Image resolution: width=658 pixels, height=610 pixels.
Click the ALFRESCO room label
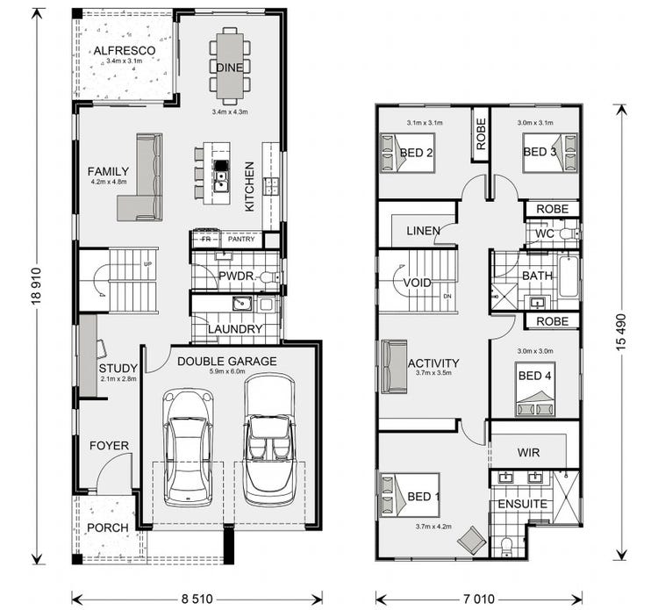click(x=124, y=50)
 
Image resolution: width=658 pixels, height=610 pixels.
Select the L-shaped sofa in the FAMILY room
click(x=142, y=180)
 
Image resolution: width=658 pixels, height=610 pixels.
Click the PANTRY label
click(x=241, y=239)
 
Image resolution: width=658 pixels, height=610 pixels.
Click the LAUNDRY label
click(x=235, y=329)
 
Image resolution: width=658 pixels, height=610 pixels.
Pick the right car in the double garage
click(x=269, y=439)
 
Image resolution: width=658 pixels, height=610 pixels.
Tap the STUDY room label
click(x=117, y=368)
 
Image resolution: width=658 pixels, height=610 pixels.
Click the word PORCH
click(x=107, y=527)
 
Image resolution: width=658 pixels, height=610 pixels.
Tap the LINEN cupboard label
click(x=423, y=231)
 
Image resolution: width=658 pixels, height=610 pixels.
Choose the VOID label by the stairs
click(x=417, y=283)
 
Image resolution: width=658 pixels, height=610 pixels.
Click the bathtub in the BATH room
click(x=568, y=276)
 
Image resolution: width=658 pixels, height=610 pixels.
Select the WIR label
click(x=528, y=453)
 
